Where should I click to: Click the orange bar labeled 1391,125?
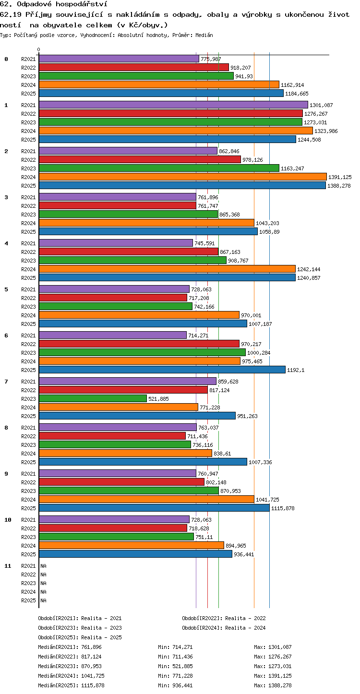(183, 177)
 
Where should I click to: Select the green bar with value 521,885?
(93, 398)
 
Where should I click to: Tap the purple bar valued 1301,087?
(173, 105)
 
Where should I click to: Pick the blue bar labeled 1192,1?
(162, 370)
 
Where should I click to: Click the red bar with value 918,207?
(134, 67)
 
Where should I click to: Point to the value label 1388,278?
(339, 186)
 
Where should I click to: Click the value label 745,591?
(204, 243)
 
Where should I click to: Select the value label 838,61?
(222, 454)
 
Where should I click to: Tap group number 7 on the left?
(6, 382)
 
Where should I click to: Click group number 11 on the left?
(8, 566)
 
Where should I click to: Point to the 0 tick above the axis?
(38, 49)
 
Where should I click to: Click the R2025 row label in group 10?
(28, 554)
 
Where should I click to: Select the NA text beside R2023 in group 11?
(43, 583)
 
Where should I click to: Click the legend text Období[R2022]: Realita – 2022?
(224, 618)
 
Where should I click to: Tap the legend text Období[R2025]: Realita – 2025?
(80, 637)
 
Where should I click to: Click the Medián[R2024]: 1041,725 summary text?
(71, 676)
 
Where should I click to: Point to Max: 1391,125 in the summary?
(273, 676)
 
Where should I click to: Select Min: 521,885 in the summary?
(175, 666)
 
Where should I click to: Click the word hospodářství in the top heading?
(82, 4)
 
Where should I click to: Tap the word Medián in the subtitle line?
(204, 35)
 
